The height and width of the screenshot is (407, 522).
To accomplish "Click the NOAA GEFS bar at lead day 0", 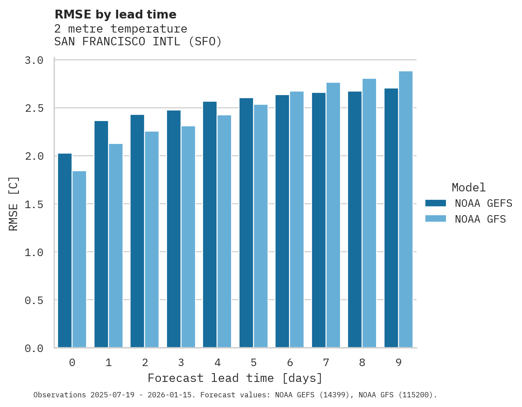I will pyautogui.click(x=65, y=250).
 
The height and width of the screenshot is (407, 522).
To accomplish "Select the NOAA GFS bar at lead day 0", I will pyautogui.click(x=79, y=259).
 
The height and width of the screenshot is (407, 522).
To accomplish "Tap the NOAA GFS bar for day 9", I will pyautogui.click(x=406, y=209).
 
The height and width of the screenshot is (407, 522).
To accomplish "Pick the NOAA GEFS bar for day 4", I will pyautogui.click(x=210, y=224).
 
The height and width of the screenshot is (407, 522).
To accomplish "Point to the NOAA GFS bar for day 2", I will pyautogui.click(x=152, y=239).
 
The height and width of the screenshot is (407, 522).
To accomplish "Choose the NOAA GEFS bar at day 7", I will pyautogui.click(x=319, y=220).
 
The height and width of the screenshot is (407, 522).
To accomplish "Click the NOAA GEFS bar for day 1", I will pyautogui.click(x=101, y=234).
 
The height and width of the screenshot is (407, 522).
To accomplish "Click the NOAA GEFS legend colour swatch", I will pyautogui.click(x=435, y=203).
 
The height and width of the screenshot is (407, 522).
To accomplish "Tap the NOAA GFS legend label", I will pyautogui.click(x=480, y=219).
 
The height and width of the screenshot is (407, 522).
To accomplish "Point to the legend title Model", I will pyautogui.click(x=468, y=188).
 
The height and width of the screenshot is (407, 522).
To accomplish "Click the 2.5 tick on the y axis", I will pyautogui.click(x=34, y=108).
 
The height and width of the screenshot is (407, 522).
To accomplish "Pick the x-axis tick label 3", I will pyautogui.click(x=181, y=363).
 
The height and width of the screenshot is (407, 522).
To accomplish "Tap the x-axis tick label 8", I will pyautogui.click(x=362, y=363).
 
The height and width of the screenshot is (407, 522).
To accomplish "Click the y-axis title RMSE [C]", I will pyautogui.click(x=14, y=204).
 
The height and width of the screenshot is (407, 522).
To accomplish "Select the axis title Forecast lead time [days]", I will pyautogui.click(x=235, y=378).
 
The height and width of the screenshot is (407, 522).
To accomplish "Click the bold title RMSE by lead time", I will pyautogui.click(x=115, y=15).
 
